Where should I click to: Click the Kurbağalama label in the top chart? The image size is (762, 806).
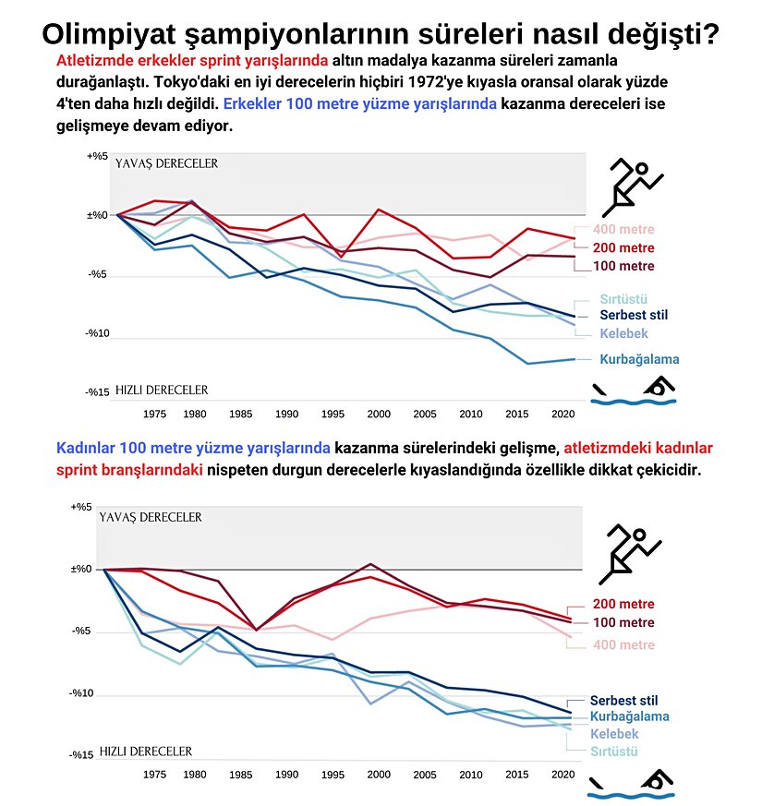tap(640, 359)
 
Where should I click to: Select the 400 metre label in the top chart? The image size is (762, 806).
tap(623, 229)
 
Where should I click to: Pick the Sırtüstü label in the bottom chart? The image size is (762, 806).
tap(614, 752)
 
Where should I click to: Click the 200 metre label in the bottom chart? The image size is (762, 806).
tap(623, 604)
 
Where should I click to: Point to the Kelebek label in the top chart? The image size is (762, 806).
tap(624, 333)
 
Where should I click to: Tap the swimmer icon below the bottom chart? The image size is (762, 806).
tap(634, 784)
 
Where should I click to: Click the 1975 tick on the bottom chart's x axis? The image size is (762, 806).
tap(155, 775)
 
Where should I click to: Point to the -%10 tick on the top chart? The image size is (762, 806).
tap(99, 333)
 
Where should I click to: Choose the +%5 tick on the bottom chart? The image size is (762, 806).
tap(82, 507)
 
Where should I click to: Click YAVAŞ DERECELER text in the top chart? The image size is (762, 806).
tap(166, 163)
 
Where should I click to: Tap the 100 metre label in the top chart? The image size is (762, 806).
tap(623, 267)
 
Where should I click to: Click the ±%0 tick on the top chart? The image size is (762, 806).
tap(98, 215)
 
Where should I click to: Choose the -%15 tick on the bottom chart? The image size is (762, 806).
tap(81, 755)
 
